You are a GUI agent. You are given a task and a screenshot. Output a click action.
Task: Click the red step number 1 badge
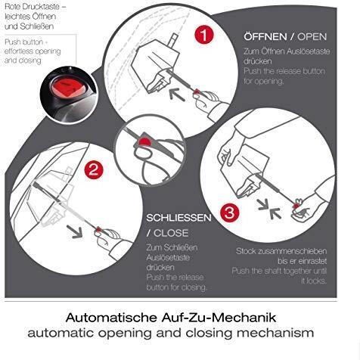tap(204, 35)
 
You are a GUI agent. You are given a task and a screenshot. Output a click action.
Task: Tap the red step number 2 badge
tap(94, 169)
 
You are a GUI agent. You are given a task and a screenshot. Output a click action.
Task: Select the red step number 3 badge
tap(229, 213)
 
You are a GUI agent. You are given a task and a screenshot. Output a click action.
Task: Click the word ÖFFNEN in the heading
tap(265, 36)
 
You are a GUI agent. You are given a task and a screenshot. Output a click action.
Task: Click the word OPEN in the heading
tap(312, 37)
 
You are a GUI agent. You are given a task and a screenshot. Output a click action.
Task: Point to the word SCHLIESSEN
tap(178, 218)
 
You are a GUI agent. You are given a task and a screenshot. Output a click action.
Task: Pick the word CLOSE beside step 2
tap(171, 233)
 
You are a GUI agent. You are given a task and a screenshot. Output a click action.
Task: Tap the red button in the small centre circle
tap(144, 142)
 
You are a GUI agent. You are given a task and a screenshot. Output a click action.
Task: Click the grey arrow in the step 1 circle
tap(177, 94)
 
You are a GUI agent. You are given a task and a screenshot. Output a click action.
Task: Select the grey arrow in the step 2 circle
tap(75, 231)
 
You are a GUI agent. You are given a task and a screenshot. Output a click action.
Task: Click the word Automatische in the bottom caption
tap(111, 318)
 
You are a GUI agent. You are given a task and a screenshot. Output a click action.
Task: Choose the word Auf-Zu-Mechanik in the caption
tap(219, 318)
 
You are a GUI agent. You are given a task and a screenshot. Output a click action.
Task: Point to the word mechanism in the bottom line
tap(275, 333)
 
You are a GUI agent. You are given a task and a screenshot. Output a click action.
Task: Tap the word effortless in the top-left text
tap(17, 51)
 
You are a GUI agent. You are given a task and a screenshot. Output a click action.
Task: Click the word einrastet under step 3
tap(312, 261)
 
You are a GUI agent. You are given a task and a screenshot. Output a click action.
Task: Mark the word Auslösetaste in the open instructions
tap(308, 51)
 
